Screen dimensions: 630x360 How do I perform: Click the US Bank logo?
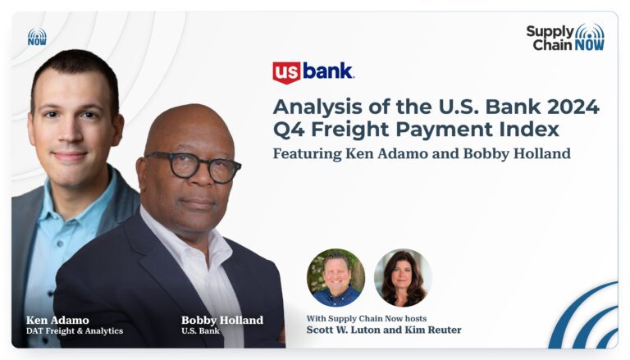pos(313,72)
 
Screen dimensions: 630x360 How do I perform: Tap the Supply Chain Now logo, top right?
pos(565,38)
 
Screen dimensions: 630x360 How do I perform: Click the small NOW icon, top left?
pos(37,37)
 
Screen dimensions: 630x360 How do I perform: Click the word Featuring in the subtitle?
pos(308,154)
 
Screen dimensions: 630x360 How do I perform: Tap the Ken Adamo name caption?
pos(57,320)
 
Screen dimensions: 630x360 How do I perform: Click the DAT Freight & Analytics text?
pos(75,331)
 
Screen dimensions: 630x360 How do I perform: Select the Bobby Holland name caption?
pos(222,320)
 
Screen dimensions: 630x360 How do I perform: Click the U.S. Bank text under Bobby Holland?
pos(200,331)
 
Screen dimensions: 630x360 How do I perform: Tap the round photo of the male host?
pos(336,278)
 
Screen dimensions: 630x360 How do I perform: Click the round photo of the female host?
pos(403,278)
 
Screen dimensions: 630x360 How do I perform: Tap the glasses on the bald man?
pos(194,166)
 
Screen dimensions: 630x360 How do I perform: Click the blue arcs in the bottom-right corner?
pos(587,317)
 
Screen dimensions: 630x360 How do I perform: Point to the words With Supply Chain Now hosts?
pos(367,319)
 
